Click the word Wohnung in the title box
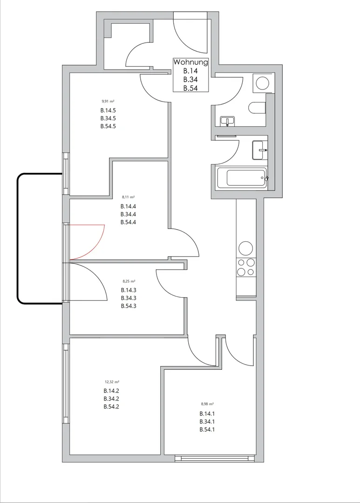tap(190, 62)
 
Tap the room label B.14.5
tap(108, 110)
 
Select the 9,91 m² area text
tap(108, 101)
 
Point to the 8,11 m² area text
tap(129, 197)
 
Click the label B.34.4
tap(129, 214)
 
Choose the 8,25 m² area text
tap(129, 281)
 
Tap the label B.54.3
tap(129, 306)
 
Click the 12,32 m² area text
tap(112, 382)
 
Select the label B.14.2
tap(111, 391)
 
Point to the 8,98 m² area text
tap(207, 404)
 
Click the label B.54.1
tap(207, 429)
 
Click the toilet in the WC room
tap(257, 108)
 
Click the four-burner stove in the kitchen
tap(246, 267)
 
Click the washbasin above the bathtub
tap(260, 150)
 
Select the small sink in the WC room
tap(227, 121)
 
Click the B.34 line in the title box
tap(190, 79)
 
